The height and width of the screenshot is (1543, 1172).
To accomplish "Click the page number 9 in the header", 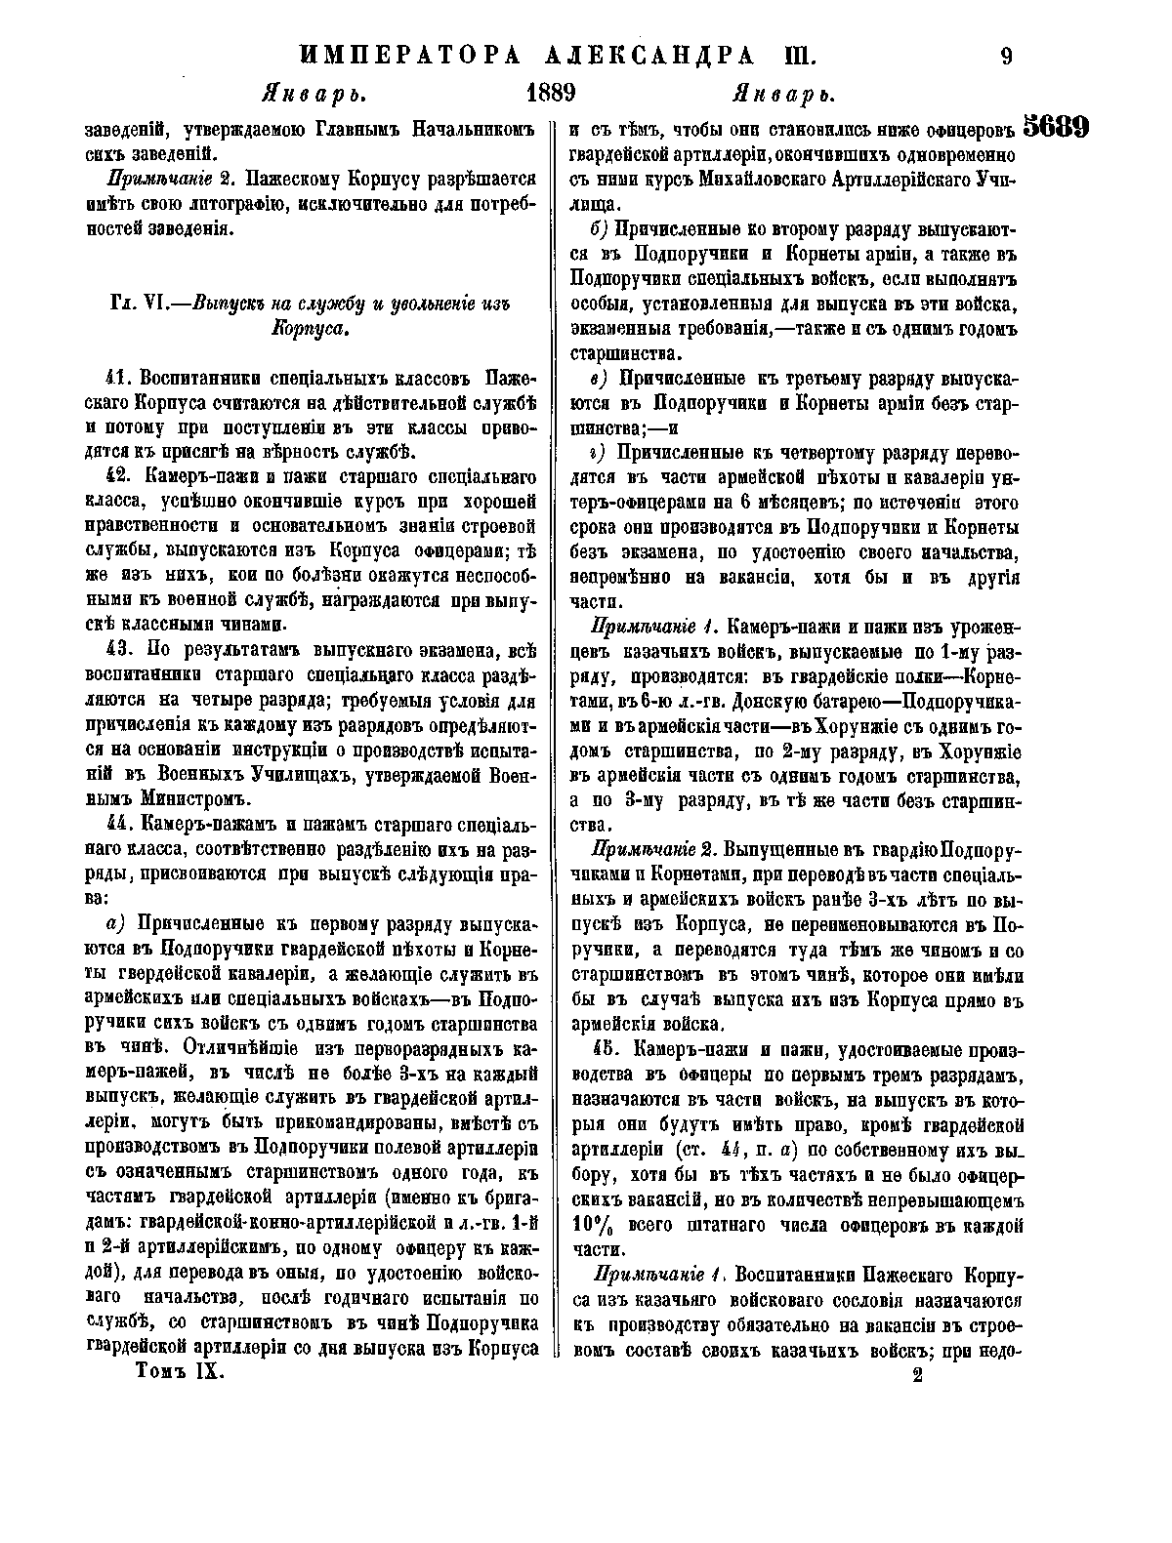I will point(1005,55).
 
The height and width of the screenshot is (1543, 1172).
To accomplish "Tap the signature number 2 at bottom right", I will point(916,1377).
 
